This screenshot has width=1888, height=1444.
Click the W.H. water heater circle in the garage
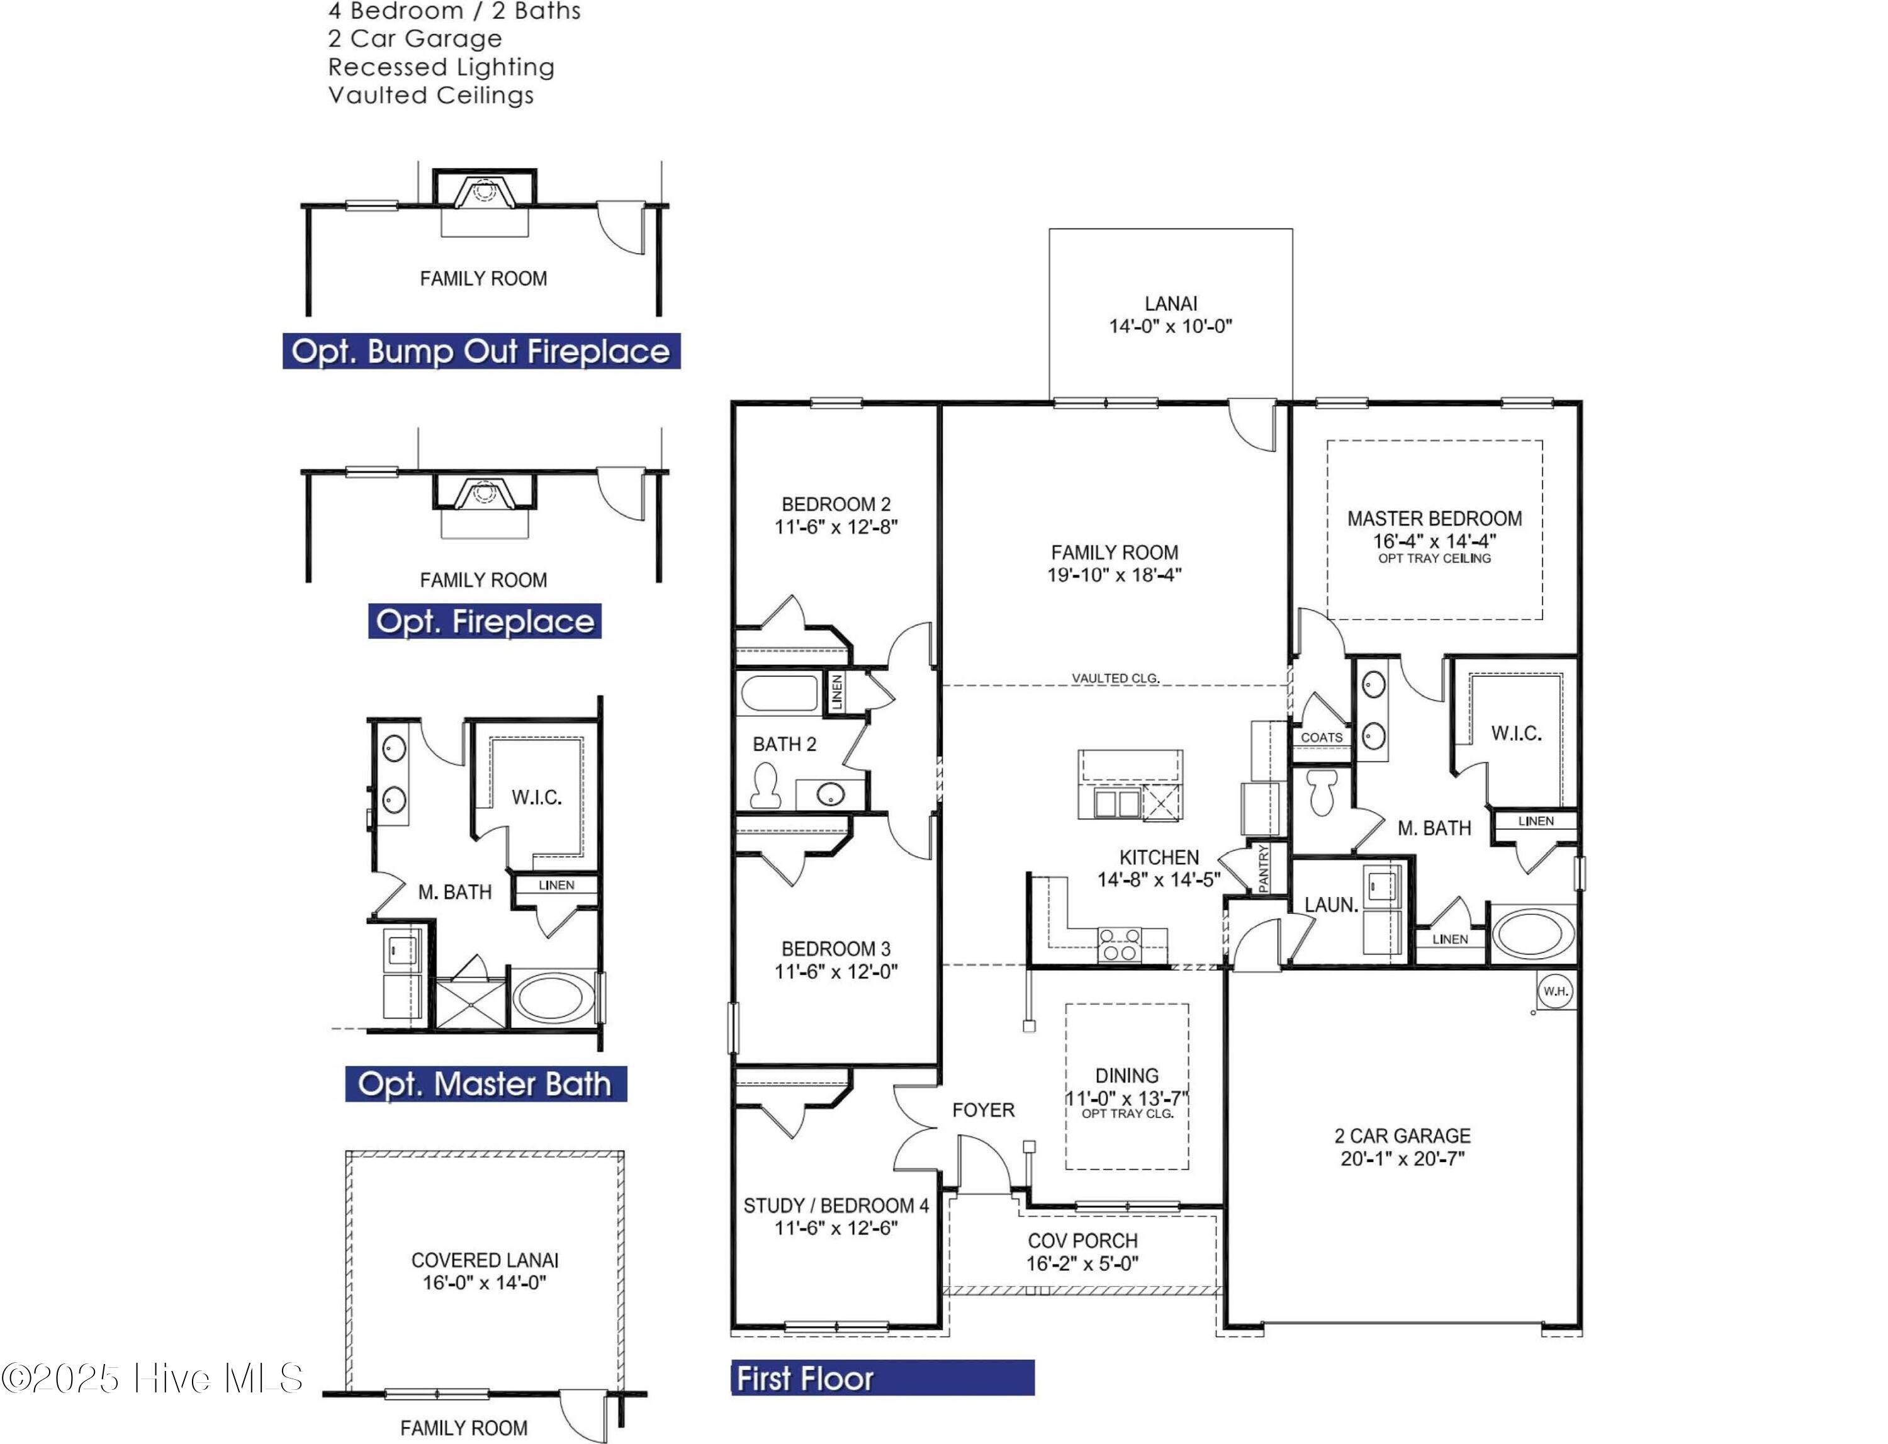[x=1556, y=991]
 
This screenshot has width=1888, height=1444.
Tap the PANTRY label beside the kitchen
[x=1263, y=868]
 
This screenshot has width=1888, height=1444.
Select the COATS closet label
[x=1321, y=738]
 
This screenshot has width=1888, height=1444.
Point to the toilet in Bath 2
[x=764, y=786]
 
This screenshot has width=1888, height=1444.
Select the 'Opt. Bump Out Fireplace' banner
[x=481, y=351]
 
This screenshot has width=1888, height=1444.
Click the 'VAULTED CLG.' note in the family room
[x=1115, y=678]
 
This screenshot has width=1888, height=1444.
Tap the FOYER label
[x=983, y=1110]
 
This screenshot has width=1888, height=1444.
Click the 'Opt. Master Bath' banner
[x=486, y=1084]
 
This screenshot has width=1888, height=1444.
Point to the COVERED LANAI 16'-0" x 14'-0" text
[x=485, y=1272]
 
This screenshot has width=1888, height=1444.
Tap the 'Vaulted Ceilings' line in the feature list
[x=430, y=96]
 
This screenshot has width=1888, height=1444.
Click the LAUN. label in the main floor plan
[x=1330, y=905]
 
